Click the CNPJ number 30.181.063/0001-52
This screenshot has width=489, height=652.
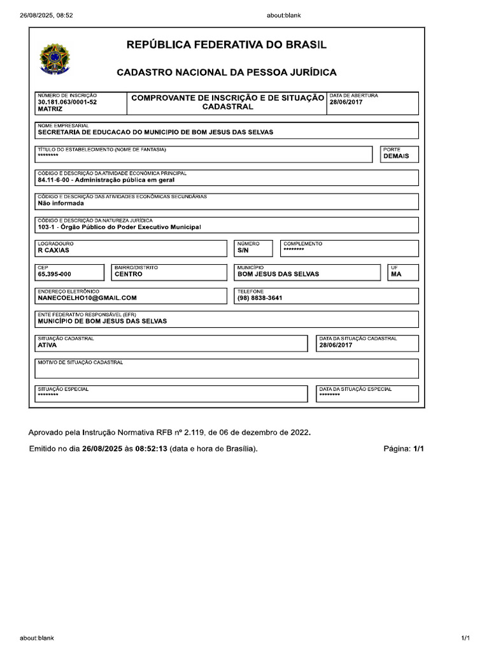pos(67,102)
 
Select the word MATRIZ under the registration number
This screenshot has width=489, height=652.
pos(50,110)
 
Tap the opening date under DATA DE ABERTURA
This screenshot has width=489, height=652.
pos(346,102)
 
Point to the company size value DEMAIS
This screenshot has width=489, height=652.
pos(396,156)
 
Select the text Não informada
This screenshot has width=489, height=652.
pos(60,204)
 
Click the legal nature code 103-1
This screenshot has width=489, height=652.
pos(47,227)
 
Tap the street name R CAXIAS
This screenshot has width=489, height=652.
pos(53,251)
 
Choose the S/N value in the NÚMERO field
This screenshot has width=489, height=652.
pos(243,251)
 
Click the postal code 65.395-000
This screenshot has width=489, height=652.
pos(54,274)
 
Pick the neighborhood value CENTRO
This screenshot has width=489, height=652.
pos(129,274)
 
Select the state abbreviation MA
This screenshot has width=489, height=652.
pos(396,274)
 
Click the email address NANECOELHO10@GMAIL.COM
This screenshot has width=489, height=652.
pos(87,297)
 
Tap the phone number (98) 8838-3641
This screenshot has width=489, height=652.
pos(260,297)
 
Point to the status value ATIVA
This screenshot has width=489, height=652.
pos(47,345)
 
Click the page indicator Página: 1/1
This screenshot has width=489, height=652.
pos(403,449)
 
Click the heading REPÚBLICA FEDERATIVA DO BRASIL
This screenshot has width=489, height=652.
pos(227,45)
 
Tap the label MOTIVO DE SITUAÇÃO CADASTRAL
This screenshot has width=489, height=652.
pos(80,362)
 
